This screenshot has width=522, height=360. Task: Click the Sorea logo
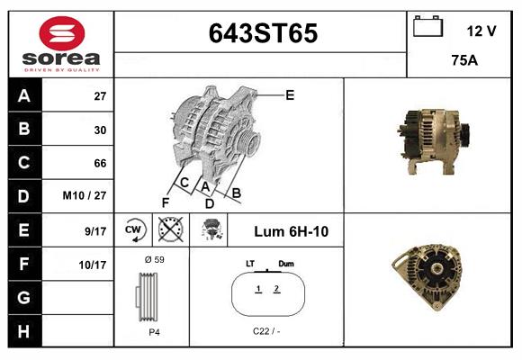(x=60, y=45)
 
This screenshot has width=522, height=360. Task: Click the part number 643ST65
(x=263, y=34)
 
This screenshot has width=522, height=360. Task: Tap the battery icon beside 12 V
(x=426, y=27)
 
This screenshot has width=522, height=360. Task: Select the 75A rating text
(x=463, y=61)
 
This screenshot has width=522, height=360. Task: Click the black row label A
(x=23, y=95)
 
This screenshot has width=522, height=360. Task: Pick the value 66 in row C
(x=100, y=163)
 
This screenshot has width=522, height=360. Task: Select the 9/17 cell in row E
(x=94, y=231)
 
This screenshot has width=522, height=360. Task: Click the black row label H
(x=23, y=331)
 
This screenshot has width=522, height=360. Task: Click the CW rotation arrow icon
(x=135, y=229)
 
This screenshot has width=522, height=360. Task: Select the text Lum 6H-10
(x=291, y=231)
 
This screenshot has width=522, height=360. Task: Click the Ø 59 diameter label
(x=154, y=259)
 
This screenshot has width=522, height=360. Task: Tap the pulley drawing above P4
(x=150, y=295)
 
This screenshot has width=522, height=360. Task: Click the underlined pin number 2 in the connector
(x=276, y=289)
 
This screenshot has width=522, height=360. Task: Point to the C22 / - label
(x=266, y=331)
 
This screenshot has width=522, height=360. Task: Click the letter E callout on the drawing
(x=290, y=94)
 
